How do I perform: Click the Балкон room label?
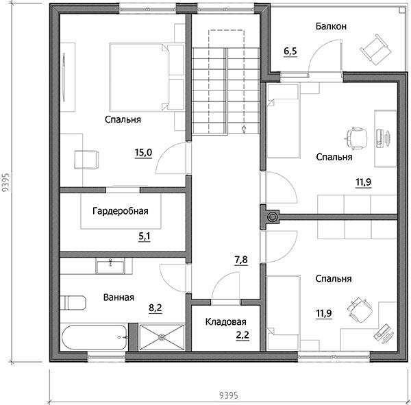[331, 26]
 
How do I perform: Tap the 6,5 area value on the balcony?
[290, 51]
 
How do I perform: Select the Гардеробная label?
[121, 211]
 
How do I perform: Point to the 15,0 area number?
[143, 152]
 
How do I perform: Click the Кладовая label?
[225, 322]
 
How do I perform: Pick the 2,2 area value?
[242, 335]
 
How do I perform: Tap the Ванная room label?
[119, 297]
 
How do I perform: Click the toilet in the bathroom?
[73, 303]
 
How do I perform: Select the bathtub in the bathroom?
[95, 337]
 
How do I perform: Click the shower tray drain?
[162, 336]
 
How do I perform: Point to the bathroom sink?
[110, 266]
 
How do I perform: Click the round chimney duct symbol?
[272, 217]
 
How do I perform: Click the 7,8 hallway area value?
[241, 260]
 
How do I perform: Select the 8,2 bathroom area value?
[155, 308]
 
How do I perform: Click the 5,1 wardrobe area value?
[144, 236]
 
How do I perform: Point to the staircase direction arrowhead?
[244, 130]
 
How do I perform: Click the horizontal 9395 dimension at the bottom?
[229, 395]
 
